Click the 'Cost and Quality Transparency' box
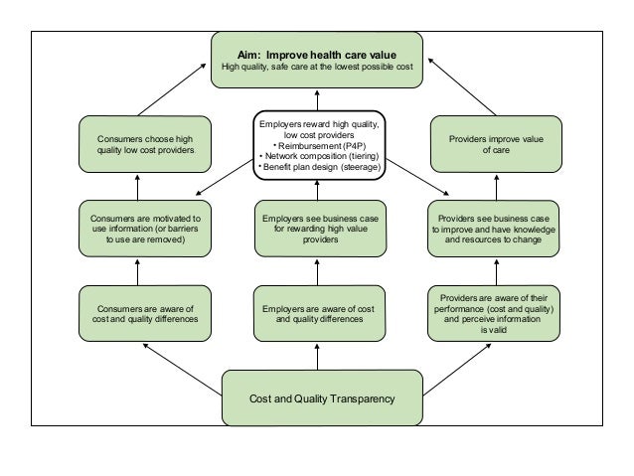pos(322,397)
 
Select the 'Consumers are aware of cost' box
pos(145,313)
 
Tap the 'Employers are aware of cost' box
pos(319,313)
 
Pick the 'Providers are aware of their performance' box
pos(494,313)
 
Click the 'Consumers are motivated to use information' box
pos(145,229)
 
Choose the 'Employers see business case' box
pos(320,229)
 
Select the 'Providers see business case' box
pos(493,229)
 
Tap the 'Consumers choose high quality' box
pos(145,144)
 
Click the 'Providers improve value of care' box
pos(496,144)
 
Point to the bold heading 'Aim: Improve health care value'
pos(317,55)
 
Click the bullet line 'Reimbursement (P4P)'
pos(319,146)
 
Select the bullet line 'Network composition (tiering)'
pos(319,156)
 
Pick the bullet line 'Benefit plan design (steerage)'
pos(319,167)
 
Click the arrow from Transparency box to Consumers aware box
pos(183,370)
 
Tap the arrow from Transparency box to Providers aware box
pos(457,370)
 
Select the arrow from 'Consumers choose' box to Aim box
pos(172,89)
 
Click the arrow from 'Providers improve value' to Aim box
pos(462,86)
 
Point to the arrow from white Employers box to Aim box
pos(317,100)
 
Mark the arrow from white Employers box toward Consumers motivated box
pos(225,178)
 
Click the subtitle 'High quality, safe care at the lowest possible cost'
pos(317,67)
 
